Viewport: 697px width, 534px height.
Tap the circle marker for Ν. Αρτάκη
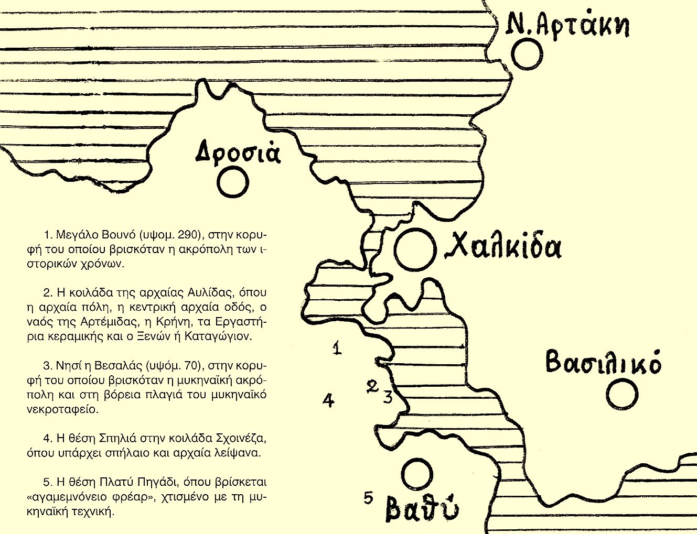[x=526, y=56]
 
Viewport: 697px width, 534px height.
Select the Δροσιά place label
[x=238, y=153]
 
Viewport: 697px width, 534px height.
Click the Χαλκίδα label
[x=503, y=247]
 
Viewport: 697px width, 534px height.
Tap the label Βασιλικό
[x=603, y=362]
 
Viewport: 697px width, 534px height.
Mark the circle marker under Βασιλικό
[x=623, y=395]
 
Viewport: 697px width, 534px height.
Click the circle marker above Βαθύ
[x=416, y=474]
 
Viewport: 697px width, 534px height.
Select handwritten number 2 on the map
[x=372, y=387]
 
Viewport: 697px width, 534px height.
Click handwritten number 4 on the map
[x=328, y=401]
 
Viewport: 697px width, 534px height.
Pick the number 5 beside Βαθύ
[x=369, y=497]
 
